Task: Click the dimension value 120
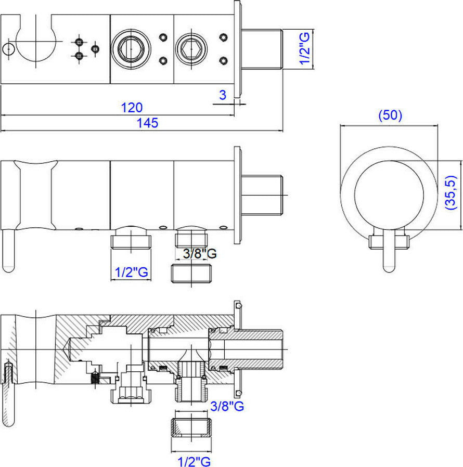[132, 108]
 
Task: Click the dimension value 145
[148, 123]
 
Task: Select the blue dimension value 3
[223, 95]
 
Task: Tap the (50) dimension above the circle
[390, 115]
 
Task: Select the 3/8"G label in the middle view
[200, 254]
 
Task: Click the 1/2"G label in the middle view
[131, 272]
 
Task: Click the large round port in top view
[127, 49]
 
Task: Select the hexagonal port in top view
[188, 49]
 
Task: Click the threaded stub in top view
[262, 49]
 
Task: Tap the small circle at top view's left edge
[7, 49]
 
